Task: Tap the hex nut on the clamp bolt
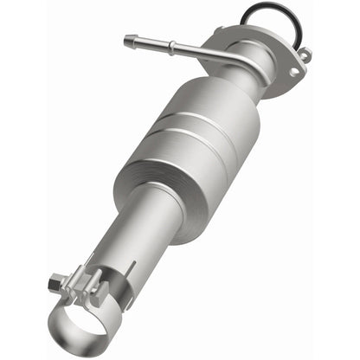56,280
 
